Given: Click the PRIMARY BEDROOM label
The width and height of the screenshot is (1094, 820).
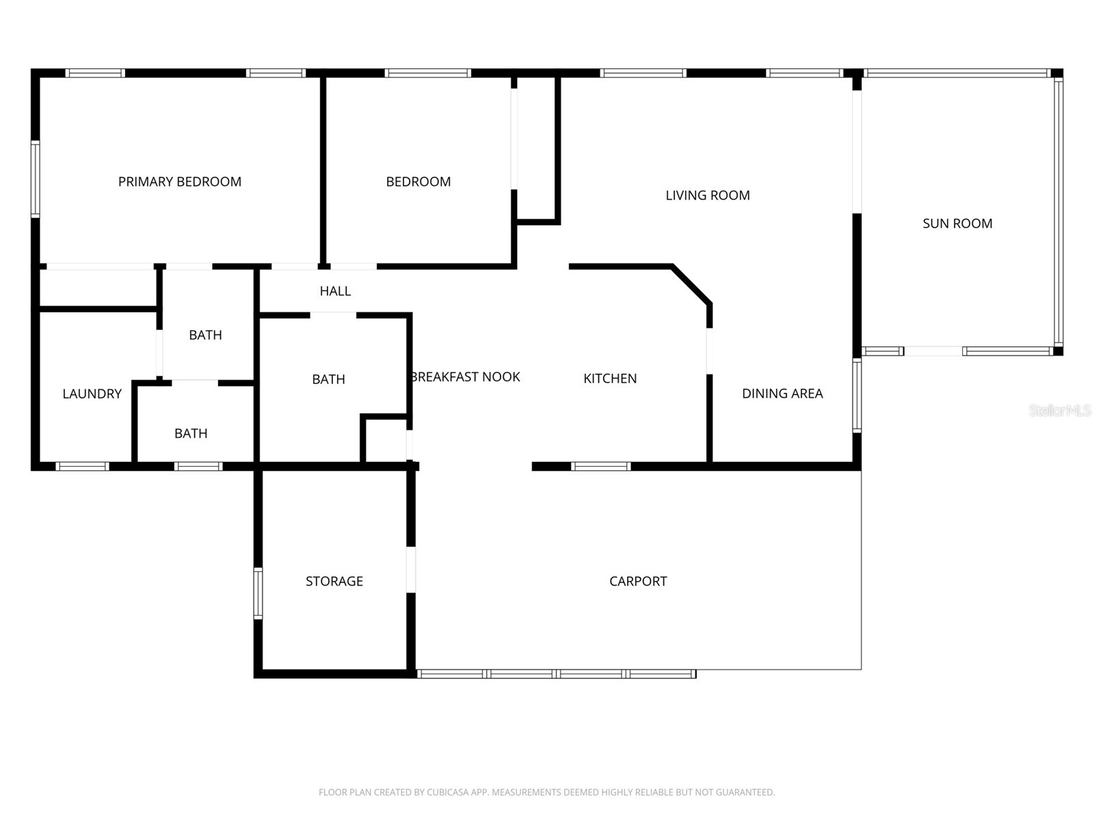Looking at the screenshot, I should click(180, 182).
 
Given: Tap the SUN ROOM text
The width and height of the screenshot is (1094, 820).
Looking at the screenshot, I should click(957, 223).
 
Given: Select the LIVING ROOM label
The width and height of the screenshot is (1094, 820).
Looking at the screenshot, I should click(708, 195).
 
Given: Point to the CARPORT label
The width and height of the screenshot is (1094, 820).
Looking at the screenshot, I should click(638, 582).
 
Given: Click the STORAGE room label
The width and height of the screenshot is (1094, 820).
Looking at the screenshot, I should click(334, 582).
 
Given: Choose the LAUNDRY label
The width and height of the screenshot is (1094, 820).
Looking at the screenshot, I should click(92, 394).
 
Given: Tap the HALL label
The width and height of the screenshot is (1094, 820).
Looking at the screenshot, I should click(335, 291).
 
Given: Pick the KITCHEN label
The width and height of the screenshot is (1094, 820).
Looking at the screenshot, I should click(610, 379).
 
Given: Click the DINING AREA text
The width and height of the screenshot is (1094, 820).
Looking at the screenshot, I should click(782, 394).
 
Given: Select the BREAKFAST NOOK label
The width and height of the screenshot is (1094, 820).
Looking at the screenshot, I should click(466, 377).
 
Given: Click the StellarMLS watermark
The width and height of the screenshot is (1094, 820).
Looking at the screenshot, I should click(1060, 411).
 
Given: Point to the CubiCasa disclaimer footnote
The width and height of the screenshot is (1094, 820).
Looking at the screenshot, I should click(546, 793).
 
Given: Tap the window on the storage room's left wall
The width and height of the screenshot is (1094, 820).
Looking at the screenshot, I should click(258, 593).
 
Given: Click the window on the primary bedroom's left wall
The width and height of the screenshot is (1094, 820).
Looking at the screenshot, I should click(36, 179).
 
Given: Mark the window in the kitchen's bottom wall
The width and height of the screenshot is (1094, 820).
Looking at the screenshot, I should click(600, 467).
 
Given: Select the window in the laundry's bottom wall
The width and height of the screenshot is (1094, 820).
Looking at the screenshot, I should click(82, 467).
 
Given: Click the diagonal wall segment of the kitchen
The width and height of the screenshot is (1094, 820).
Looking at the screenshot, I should click(692, 284).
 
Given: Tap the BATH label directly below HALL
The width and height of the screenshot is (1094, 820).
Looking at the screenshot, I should click(328, 380).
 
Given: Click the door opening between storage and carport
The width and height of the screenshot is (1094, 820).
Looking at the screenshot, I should click(411, 569).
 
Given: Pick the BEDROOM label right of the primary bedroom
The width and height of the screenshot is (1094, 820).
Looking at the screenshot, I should click(418, 182).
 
